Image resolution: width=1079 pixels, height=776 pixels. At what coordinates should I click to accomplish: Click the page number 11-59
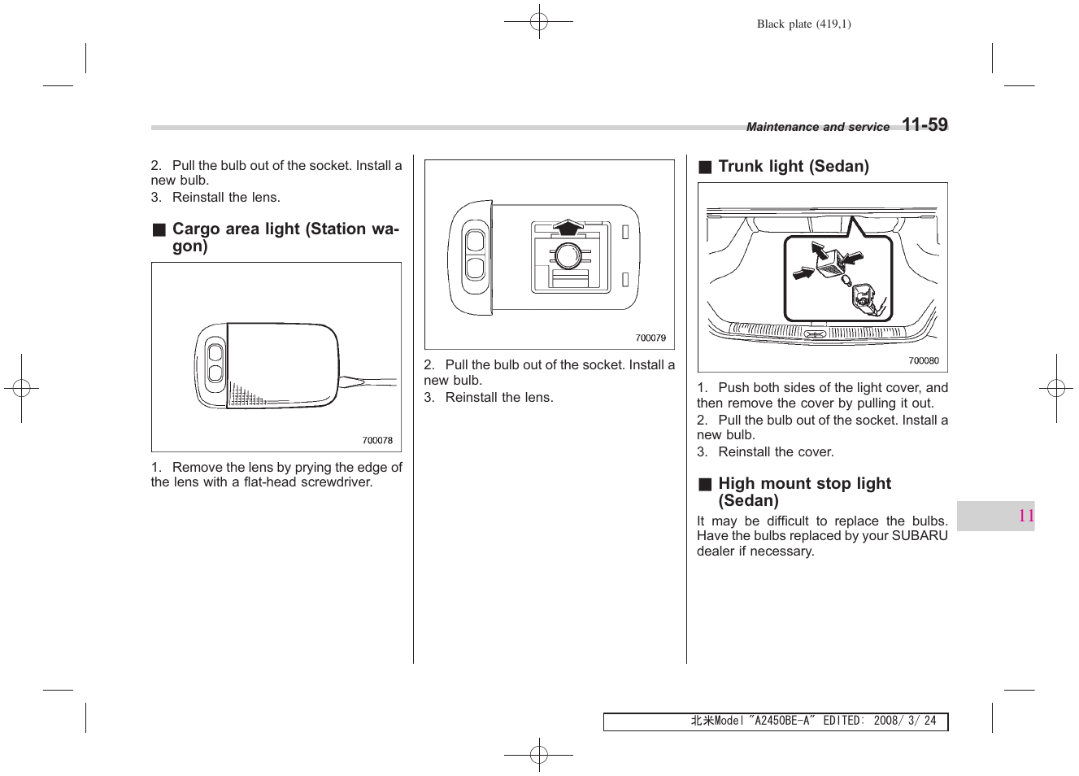coord(925,125)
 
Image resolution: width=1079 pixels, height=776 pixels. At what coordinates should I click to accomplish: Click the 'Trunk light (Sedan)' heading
coord(793,167)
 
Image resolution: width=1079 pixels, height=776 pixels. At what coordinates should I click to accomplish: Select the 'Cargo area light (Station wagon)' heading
coord(285,237)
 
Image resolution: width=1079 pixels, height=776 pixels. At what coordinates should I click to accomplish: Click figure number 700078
coord(377,441)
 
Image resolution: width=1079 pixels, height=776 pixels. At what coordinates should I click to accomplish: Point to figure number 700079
coord(650,338)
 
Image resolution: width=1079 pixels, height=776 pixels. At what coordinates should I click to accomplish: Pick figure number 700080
coord(923,361)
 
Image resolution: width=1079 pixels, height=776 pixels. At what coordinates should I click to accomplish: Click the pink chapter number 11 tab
coord(1025,516)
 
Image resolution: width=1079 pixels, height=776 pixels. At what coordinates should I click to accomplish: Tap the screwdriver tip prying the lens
coord(345,381)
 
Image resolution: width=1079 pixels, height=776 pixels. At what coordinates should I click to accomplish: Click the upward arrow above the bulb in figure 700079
coord(568,226)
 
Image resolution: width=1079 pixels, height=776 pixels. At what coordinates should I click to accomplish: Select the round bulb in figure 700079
coord(567,256)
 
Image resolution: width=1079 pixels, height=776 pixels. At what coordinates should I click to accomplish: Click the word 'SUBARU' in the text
coord(919,536)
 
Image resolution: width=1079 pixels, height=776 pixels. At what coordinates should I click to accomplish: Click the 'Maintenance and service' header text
coord(817,128)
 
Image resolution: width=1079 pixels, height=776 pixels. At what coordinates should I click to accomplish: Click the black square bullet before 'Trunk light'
coord(705,168)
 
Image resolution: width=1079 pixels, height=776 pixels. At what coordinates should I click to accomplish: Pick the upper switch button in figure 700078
coord(215,353)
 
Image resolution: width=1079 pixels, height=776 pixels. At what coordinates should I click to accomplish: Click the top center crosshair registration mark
coord(538,22)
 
